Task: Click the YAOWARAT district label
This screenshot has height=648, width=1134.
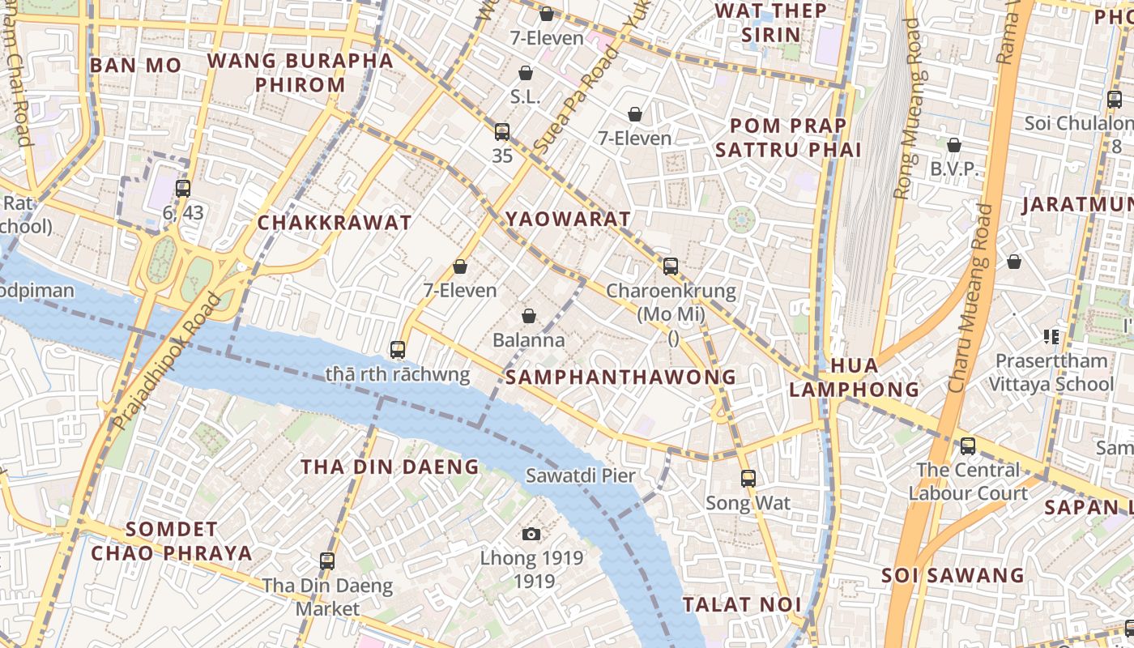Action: [568, 219]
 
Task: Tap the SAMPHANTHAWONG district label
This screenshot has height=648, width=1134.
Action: [620, 377]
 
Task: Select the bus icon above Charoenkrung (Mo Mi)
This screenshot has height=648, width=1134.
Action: [671, 266]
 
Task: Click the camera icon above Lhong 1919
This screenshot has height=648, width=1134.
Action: [531, 534]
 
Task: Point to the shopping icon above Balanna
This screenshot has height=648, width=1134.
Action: [529, 316]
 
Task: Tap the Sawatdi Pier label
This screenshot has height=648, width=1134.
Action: [581, 475]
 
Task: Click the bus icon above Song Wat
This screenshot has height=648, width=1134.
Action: [748, 479]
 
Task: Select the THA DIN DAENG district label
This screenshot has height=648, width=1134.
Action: [390, 467]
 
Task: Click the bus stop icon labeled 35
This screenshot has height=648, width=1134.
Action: [502, 132]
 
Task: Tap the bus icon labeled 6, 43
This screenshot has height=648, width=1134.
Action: [183, 189]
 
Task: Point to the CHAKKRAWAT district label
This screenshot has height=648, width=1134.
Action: [335, 223]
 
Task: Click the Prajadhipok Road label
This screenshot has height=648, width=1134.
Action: [167, 361]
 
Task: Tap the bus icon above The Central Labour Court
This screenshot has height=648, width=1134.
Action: [968, 446]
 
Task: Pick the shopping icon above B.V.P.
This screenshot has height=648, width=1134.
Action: [954, 146]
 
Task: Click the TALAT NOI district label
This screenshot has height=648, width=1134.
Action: [742, 604]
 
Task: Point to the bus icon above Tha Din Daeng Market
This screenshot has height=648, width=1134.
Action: [327, 561]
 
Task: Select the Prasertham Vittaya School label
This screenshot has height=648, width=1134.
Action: [1051, 372]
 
